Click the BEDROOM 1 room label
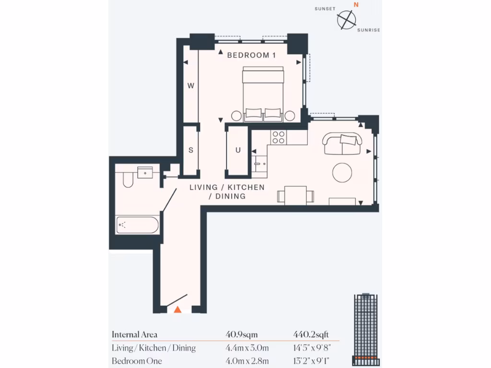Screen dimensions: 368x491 251,55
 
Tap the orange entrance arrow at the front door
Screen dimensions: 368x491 177,310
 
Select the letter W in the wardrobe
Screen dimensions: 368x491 190,86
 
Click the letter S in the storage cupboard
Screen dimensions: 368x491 190,150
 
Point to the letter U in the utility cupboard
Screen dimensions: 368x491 237,150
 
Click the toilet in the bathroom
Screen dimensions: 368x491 128,179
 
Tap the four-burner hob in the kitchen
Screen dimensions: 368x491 278,138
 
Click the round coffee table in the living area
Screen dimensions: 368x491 342,172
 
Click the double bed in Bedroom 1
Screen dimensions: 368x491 263,93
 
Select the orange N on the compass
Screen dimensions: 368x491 355,5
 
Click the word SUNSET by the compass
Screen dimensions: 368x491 324,9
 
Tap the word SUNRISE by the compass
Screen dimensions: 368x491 369,30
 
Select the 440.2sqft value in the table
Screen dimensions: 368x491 311,334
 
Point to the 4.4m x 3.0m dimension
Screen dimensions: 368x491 247,348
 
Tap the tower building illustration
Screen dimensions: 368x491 366,328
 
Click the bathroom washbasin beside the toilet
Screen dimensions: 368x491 145,172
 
